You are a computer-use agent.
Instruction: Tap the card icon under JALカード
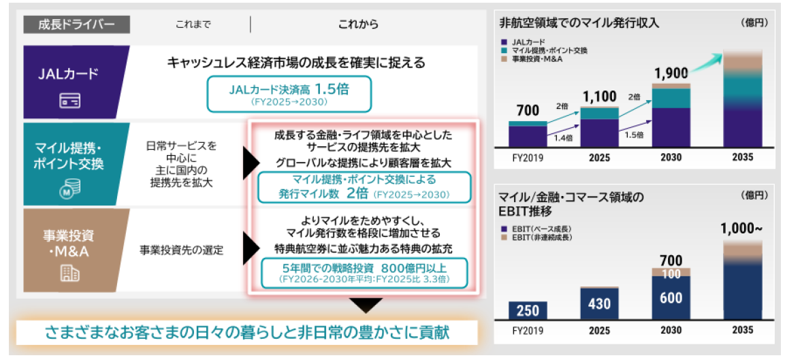pos(70,101)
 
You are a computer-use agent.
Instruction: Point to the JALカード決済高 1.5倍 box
pos(289,94)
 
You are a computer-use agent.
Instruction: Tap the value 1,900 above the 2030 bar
pos(671,73)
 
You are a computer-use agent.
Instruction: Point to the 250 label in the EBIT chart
pos(527,310)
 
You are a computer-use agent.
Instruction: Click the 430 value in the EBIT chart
pos(599,304)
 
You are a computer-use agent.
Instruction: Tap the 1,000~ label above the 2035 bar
pos(741,229)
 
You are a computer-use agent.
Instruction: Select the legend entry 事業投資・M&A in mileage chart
pos(538,60)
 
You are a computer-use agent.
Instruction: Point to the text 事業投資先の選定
pos(182,249)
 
